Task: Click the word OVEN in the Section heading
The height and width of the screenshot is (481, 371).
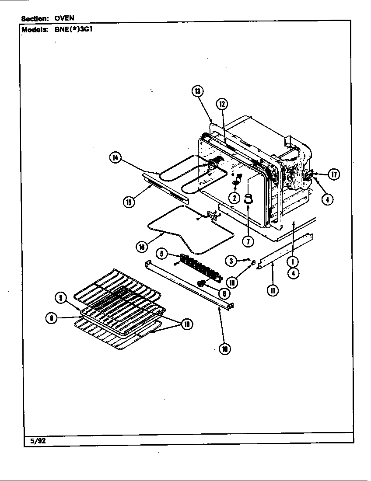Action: [64, 18]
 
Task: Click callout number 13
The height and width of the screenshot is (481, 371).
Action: [197, 91]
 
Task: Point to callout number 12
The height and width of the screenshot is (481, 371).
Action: [222, 104]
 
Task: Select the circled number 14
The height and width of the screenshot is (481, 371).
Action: [115, 158]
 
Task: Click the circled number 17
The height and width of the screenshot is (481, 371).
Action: [334, 174]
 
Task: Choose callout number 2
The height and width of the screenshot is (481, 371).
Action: [234, 198]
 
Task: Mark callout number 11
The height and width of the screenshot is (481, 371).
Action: [273, 290]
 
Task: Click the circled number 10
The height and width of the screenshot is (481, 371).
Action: [225, 349]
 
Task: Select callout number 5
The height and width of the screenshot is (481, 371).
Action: [162, 253]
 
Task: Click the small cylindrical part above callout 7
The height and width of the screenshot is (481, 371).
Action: [248, 199]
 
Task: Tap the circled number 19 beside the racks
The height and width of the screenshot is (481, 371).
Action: [187, 324]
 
